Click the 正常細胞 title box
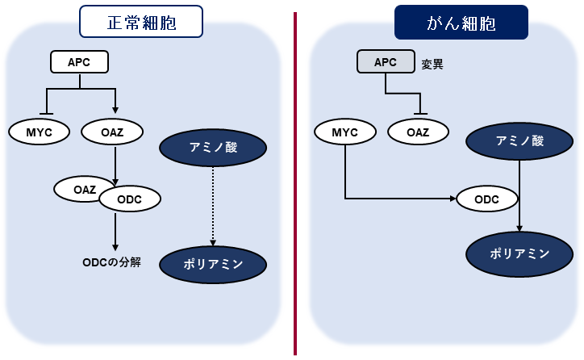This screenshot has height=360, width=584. pyautogui.click(x=140, y=23)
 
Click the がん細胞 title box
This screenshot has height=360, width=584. pyautogui.click(x=461, y=23)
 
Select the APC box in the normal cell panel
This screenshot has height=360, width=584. pyautogui.click(x=79, y=61)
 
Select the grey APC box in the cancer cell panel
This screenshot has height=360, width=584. pyautogui.click(x=386, y=61)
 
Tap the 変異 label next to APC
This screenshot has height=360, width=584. pyautogui.click(x=432, y=62)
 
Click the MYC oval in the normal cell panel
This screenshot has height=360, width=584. pyautogui.click(x=38, y=130)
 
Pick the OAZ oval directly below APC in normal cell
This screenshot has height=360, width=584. pyautogui.click(x=113, y=130)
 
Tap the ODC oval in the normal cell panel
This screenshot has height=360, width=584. pyautogui.click(x=129, y=199)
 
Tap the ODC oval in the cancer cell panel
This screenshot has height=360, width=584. pyautogui.click(x=486, y=199)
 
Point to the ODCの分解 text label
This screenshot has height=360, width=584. pyautogui.click(x=112, y=262)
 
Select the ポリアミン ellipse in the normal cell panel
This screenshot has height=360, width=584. pyautogui.click(x=213, y=263)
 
